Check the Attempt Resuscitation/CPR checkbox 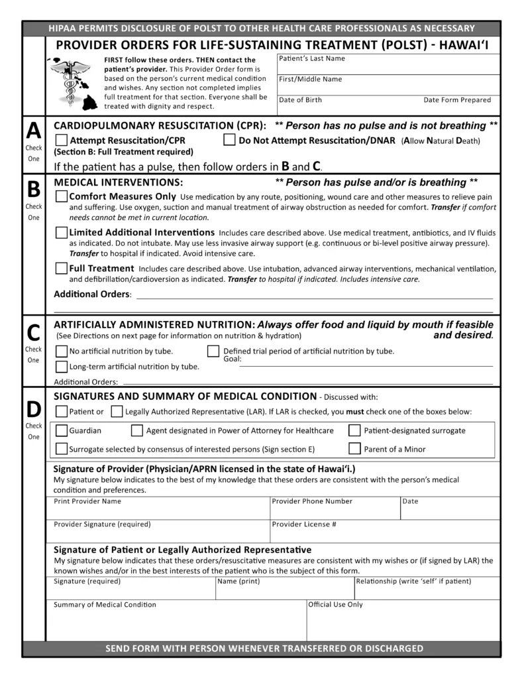click(x=61, y=141)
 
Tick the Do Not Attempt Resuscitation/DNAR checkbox click(x=229, y=141)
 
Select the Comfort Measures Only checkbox click(x=61, y=197)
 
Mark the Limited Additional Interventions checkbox click(x=61, y=233)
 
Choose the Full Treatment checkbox click(x=61, y=269)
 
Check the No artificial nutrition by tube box click(x=61, y=351)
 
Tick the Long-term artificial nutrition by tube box click(x=61, y=366)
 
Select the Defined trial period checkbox click(x=213, y=351)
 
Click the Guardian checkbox click(x=61, y=431)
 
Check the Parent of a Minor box click(x=354, y=449)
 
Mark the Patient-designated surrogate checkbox click(x=354, y=431)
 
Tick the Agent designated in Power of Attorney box click(x=137, y=431)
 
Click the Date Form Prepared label click(x=457, y=100)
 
